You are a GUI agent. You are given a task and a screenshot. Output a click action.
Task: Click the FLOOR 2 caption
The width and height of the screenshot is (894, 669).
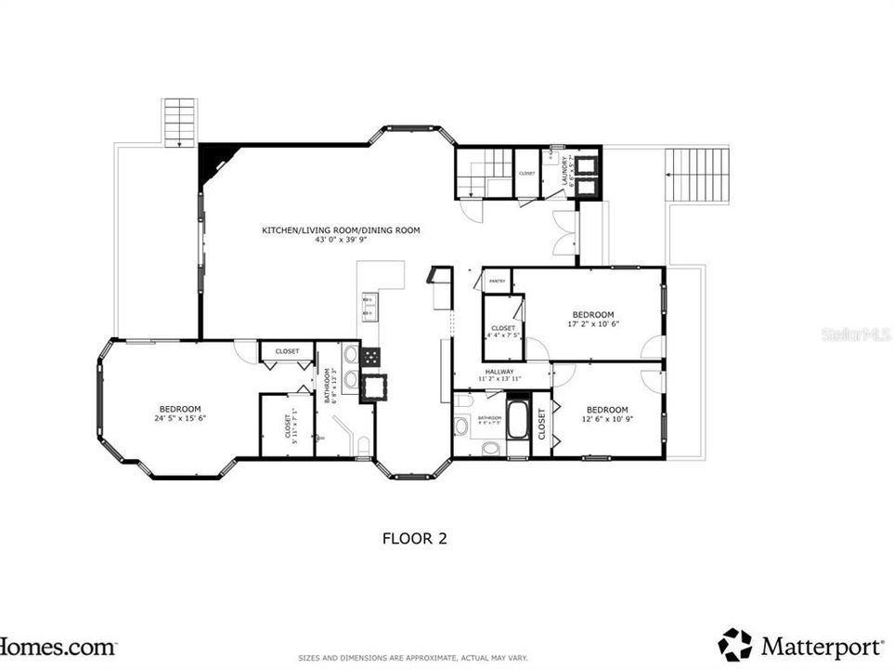tap(415, 538)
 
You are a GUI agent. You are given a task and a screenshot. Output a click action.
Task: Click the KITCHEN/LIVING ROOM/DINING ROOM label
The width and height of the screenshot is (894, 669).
tap(341, 230)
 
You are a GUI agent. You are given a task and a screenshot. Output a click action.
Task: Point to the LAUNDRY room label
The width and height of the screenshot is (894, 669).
tap(565, 172)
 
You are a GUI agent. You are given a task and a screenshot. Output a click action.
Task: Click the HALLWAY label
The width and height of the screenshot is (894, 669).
tap(499, 372)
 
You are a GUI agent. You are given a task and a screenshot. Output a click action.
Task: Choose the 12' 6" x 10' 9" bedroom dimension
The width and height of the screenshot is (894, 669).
tap(606, 420)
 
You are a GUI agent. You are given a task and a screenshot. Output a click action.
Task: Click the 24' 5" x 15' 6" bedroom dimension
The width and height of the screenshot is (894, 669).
tap(180, 419)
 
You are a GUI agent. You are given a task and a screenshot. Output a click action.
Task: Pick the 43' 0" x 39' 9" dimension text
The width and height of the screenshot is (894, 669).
tap(341, 240)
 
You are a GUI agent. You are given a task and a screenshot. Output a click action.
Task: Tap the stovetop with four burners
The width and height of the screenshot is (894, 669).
tap(371, 356)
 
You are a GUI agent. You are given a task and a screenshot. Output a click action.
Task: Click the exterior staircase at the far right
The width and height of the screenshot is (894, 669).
tap(697, 175)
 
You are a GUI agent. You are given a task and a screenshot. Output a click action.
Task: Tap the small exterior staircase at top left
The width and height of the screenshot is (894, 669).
tap(178, 122)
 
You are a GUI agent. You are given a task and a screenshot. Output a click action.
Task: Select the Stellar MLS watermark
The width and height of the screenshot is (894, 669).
tap(855, 334)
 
